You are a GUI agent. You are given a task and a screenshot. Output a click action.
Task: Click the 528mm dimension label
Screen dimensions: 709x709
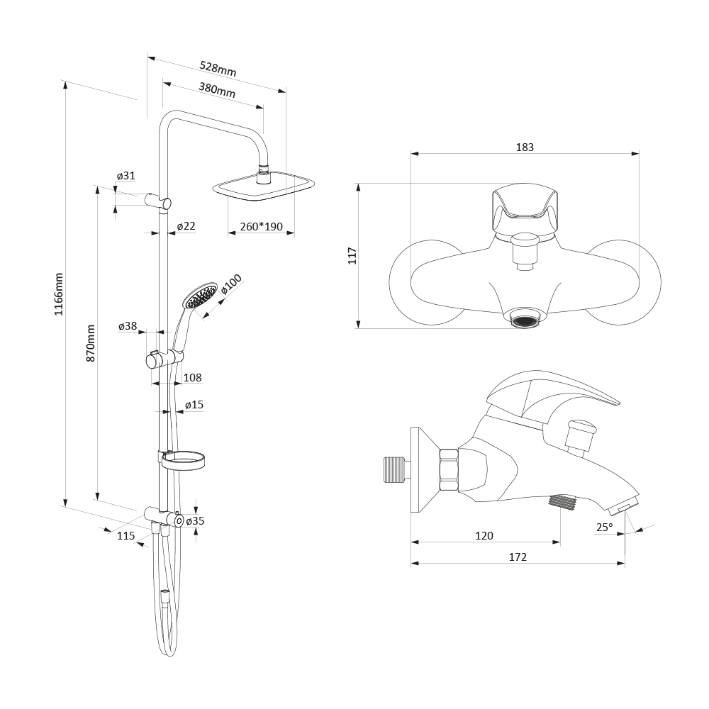point(218,69)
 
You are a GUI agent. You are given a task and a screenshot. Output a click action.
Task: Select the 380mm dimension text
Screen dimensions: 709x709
point(217,90)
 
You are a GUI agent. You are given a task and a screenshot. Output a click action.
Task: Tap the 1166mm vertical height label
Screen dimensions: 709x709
point(59,294)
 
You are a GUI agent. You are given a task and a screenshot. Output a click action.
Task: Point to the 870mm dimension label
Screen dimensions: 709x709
point(91,342)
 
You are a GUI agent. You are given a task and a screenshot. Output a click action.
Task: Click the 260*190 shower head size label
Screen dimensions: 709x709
point(262,226)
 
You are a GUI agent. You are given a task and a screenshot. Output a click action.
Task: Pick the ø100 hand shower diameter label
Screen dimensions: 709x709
point(232,284)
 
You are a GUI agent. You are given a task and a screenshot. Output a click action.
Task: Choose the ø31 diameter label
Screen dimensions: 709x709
point(125,175)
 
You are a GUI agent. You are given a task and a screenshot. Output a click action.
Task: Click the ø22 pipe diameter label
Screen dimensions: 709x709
point(186,225)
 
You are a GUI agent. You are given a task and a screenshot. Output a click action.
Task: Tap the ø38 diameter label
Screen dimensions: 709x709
point(128,325)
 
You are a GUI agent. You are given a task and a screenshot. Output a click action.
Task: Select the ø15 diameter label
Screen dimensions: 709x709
point(194,404)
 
